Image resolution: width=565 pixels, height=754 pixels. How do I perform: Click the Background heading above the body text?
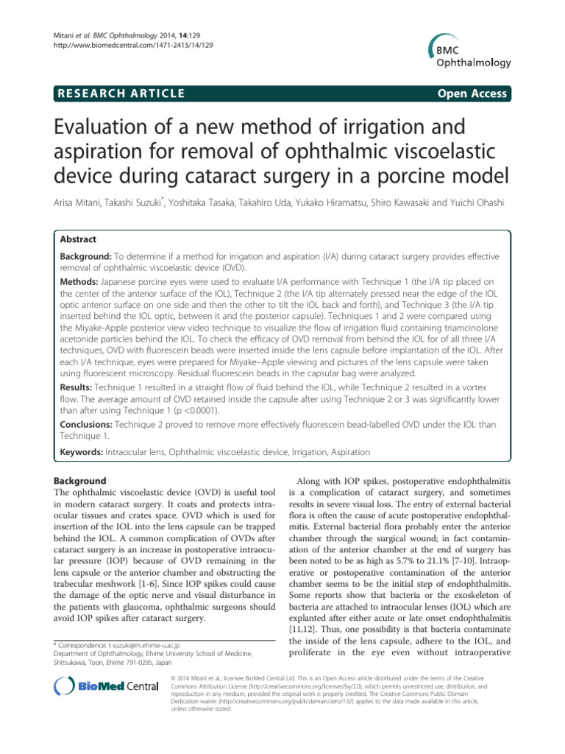coord(85,481)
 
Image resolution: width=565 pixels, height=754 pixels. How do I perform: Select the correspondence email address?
coord(148,624)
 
